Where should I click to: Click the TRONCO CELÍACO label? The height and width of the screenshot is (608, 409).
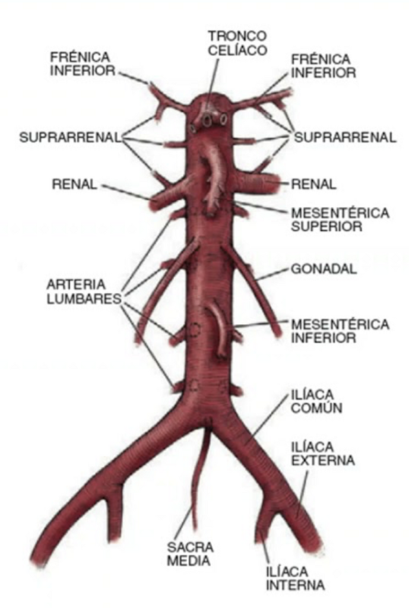[237, 43]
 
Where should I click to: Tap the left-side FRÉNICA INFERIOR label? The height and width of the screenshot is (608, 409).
[83, 64]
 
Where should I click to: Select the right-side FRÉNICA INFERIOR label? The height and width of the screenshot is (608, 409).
[324, 66]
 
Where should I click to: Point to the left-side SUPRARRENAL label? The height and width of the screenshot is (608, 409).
[71, 137]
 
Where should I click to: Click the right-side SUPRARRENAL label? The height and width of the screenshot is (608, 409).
[345, 137]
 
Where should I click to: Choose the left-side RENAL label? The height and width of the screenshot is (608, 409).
[74, 184]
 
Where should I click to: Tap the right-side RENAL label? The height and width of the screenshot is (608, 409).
[313, 184]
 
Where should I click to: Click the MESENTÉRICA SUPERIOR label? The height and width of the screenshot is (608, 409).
[340, 220]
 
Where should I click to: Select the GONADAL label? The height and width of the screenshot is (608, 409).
[324, 269]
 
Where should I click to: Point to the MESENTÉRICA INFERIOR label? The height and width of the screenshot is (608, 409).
[340, 331]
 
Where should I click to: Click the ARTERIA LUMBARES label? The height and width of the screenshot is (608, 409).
[84, 292]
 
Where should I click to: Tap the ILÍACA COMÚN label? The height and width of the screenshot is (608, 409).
[317, 401]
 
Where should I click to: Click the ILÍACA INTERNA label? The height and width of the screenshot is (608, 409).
[295, 578]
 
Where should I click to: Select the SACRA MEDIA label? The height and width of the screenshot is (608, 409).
[190, 554]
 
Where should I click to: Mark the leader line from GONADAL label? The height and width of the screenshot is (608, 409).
[272, 274]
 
